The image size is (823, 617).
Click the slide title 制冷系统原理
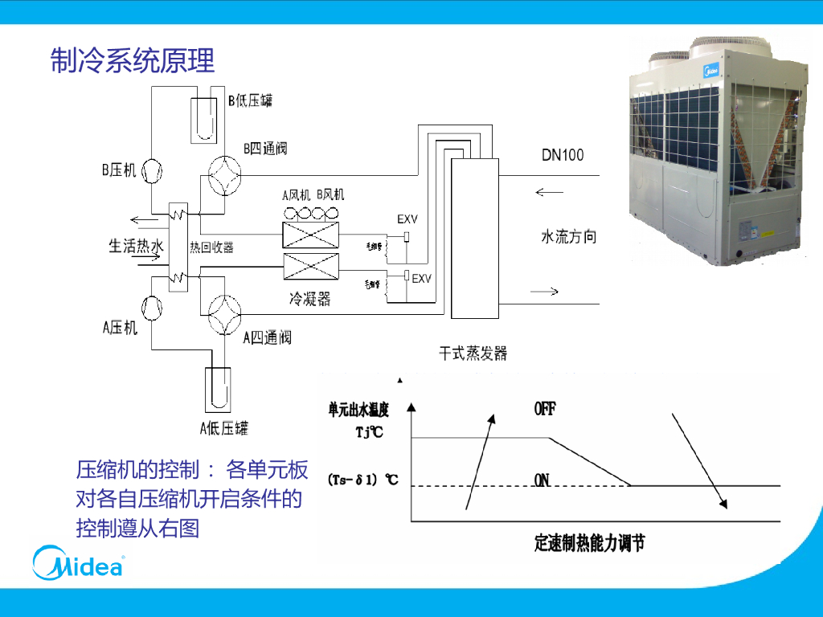tap(133, 61)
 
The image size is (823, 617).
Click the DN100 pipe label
tap(563, 155)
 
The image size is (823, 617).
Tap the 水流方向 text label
tap(569, 237)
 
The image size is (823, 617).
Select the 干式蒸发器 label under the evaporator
tap(473, 353)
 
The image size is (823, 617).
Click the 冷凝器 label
tap(309, 299)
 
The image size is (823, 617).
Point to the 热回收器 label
tap(211, 247)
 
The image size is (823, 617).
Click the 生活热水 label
tap(136, 246)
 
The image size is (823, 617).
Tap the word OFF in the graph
tap(545, 409)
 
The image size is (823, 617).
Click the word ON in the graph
tap(543, 480)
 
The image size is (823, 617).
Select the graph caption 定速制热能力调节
tap(589, 543)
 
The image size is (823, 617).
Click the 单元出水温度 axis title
tap(358, 410)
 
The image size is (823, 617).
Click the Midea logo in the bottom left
tap(78, 563)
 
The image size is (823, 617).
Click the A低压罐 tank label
tap(223, 427)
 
